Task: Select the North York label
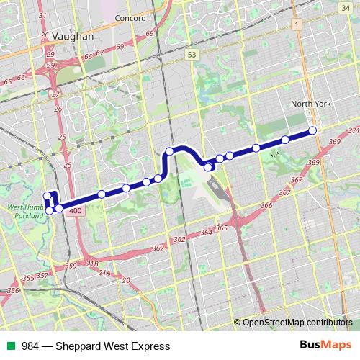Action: [x=311, y=104]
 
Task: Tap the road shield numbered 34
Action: [x=346, y=6]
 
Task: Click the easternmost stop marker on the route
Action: [x=312, y=130]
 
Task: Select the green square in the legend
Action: [x=10, y=346]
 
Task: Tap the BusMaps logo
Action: [x=325, y=346]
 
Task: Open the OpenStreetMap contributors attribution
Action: [x=297, y=322]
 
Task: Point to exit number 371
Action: [x=353, y=130]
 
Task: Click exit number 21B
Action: [x=92, y=265]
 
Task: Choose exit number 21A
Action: [x=105, y=273]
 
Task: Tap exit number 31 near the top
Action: [x=42, y=15]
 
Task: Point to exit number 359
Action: [x=71, y=266]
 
